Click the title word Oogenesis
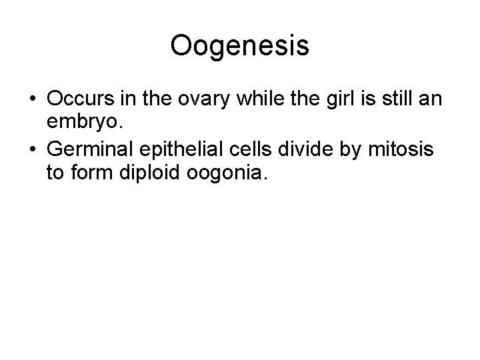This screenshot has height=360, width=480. tap(239, 46)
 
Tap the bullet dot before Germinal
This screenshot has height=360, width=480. tap(32, 151)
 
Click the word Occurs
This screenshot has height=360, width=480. tap(81, 99)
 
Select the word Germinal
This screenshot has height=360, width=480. tap(91, 151)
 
